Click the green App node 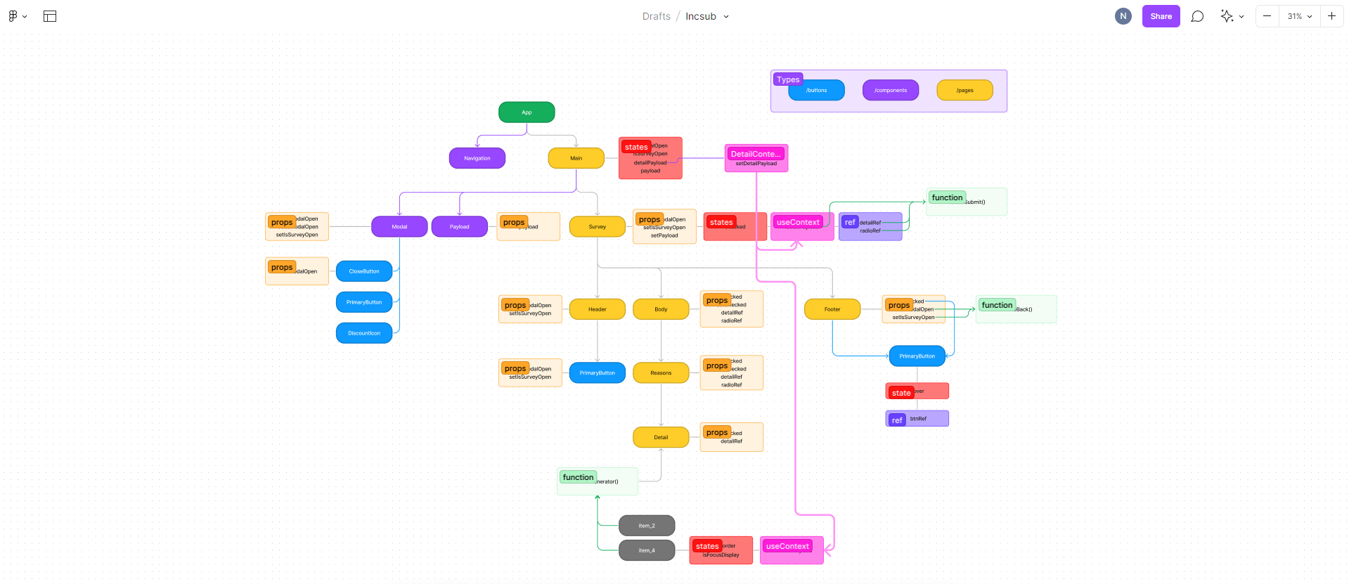[x=527, y=112]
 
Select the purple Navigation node [x=477, y=158]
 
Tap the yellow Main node [x=576, y=158]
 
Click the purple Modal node [x=399, y=227]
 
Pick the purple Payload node [x=459, y=227]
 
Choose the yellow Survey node [x=597, y=227]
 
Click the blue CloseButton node [x=363, y=271]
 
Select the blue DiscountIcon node [x=363, y=333]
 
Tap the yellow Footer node [x=832, y=309]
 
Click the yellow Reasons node [x=660, y=373]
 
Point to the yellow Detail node [x=660, y=437]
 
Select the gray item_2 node [x=646, y=526]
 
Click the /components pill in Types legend [x=890, y=91]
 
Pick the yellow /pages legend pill [x=964, y=91]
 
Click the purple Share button [x=1161, y=16]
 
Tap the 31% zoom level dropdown [x=1299, y=16]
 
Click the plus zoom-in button [x=1331, y=16]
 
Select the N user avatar [x=1123, y=16]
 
